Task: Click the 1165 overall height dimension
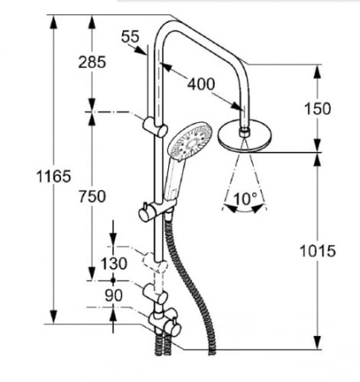[x=53, y=177]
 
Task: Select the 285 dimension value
[x=92, y=62]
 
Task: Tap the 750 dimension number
[x=93, y=196]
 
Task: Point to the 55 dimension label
[x=131, y=37]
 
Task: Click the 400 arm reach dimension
[x=201, y=84]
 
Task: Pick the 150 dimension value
[x=318, y=109]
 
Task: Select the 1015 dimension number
[x=318, y=250]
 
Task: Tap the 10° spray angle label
[x=245, y=199]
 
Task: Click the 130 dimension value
[x=114, y=263]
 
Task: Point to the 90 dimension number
[x=114, y=295]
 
